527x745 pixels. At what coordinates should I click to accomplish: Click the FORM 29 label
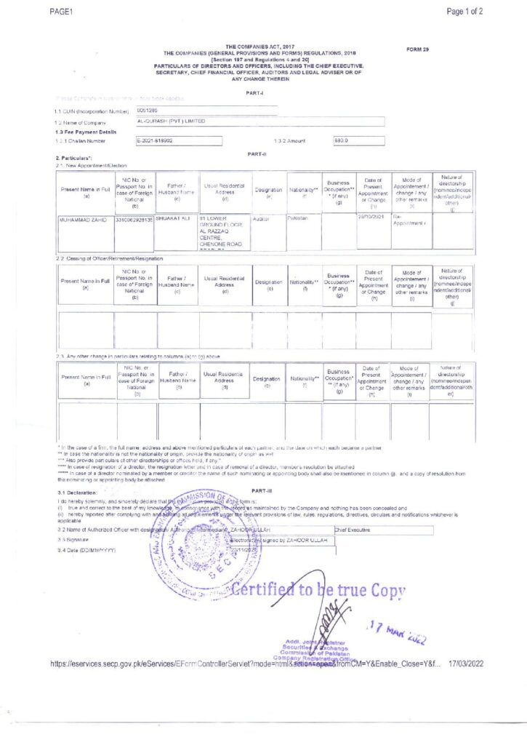(x=419, y=49)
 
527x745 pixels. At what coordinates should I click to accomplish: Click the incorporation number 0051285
(x=148, y=110)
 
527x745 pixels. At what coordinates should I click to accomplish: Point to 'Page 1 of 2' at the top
(x=464, y=11)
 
